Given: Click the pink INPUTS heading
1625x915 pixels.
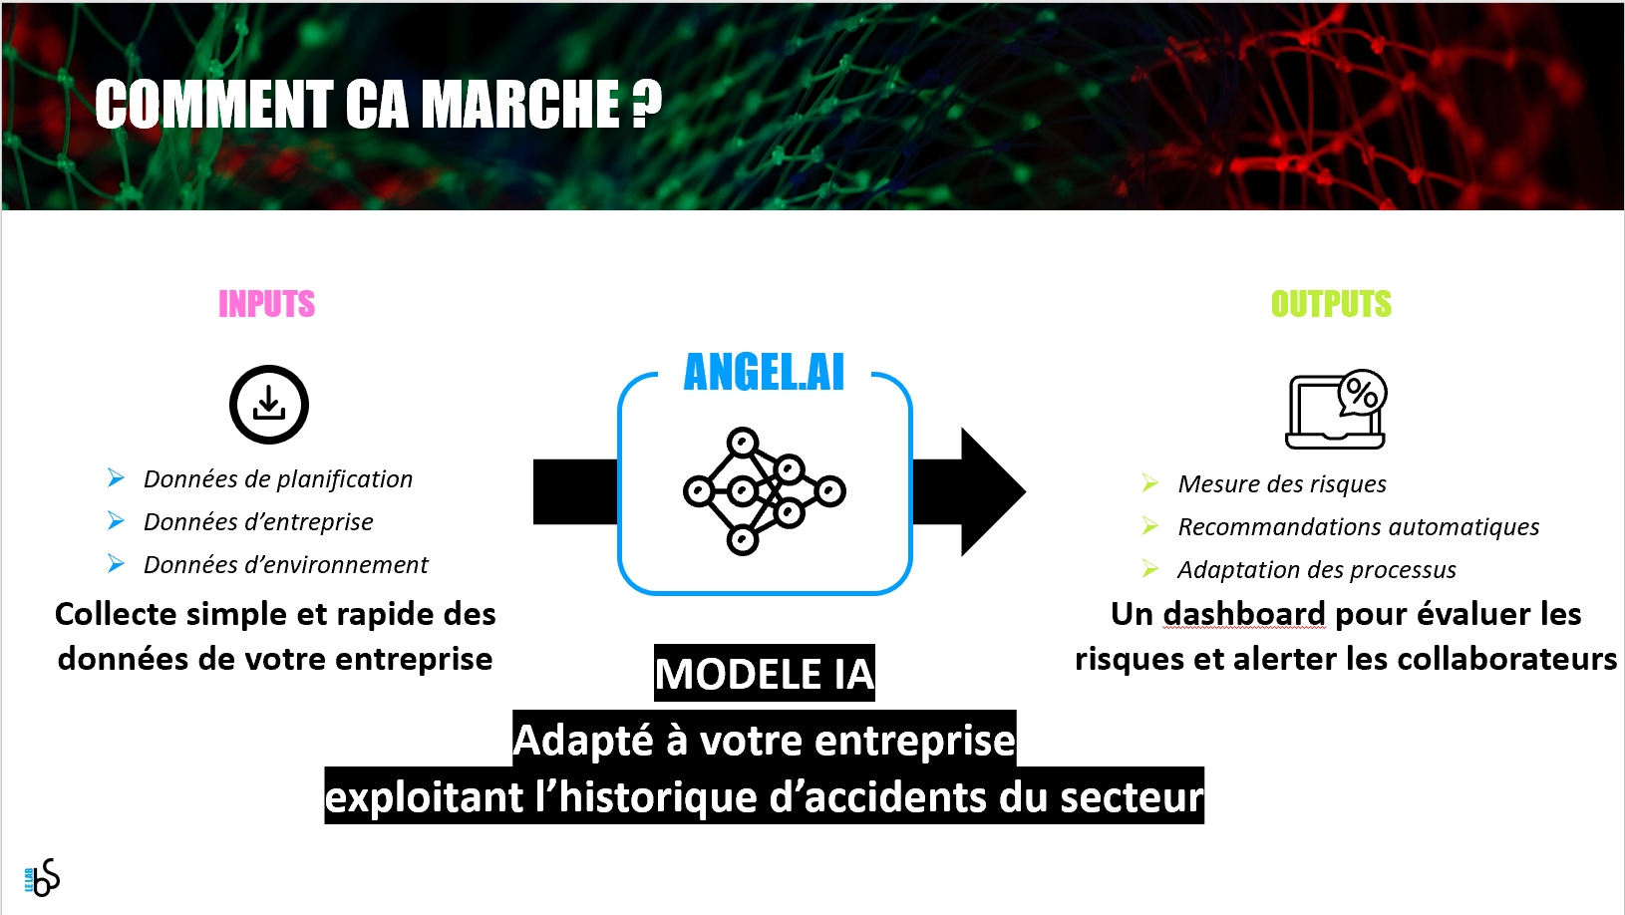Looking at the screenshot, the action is pos(267,304).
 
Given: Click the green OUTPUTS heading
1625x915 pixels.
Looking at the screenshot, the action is pos(1331,304).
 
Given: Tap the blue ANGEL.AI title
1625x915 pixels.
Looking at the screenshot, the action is pos(764,372).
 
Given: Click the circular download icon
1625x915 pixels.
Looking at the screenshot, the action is pos(269,405).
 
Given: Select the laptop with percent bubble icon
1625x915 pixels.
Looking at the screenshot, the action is pos(1336,410).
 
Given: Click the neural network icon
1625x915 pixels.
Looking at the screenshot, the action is pos(765,491).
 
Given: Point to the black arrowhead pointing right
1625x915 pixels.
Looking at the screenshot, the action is pos(992,491).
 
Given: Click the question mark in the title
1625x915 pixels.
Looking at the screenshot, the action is pos(646,105).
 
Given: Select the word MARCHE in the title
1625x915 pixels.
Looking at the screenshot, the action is pos(520,105).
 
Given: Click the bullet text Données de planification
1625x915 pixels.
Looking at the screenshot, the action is pos(278,479).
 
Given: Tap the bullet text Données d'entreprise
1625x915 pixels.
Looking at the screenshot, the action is pos(258,522).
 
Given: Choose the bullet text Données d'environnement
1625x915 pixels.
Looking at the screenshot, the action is pos(286,565).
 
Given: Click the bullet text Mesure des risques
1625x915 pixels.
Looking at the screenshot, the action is pos(1282,483).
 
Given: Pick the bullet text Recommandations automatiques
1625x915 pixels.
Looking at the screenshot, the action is pos(1358,526).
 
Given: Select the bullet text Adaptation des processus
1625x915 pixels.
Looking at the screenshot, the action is pos(1317,570).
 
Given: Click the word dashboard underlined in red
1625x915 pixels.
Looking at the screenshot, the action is pos(1243,614).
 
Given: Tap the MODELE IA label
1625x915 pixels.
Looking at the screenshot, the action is pos(765,674).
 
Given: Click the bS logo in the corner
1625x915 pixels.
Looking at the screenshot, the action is pos(43,877).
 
